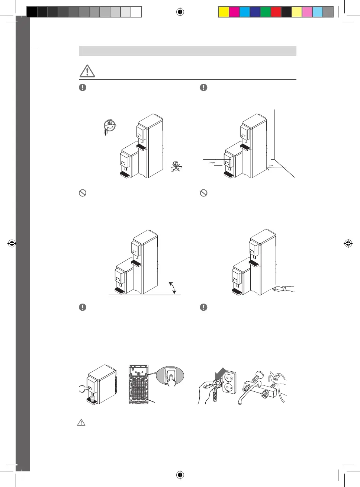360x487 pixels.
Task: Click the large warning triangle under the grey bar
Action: coord(87,71)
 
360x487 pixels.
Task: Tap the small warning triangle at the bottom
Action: coord(81,423)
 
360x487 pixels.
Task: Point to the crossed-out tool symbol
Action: coord(176,166)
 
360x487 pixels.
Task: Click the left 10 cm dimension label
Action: coord(212,163)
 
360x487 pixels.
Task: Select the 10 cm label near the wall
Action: coord(271,165)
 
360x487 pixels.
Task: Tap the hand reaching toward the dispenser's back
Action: coord(285,289)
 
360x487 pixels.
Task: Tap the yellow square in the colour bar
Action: coord(224,12)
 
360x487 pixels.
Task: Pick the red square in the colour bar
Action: coord(276,12)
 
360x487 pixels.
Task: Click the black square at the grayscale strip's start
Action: coord(32,12)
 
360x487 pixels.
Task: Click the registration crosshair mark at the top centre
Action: coord(180,13)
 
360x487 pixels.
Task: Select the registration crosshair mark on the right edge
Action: coord(348,244)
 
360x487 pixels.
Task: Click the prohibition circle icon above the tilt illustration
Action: coord(83,193)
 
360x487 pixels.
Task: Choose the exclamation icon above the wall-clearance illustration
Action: coord(203,87)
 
